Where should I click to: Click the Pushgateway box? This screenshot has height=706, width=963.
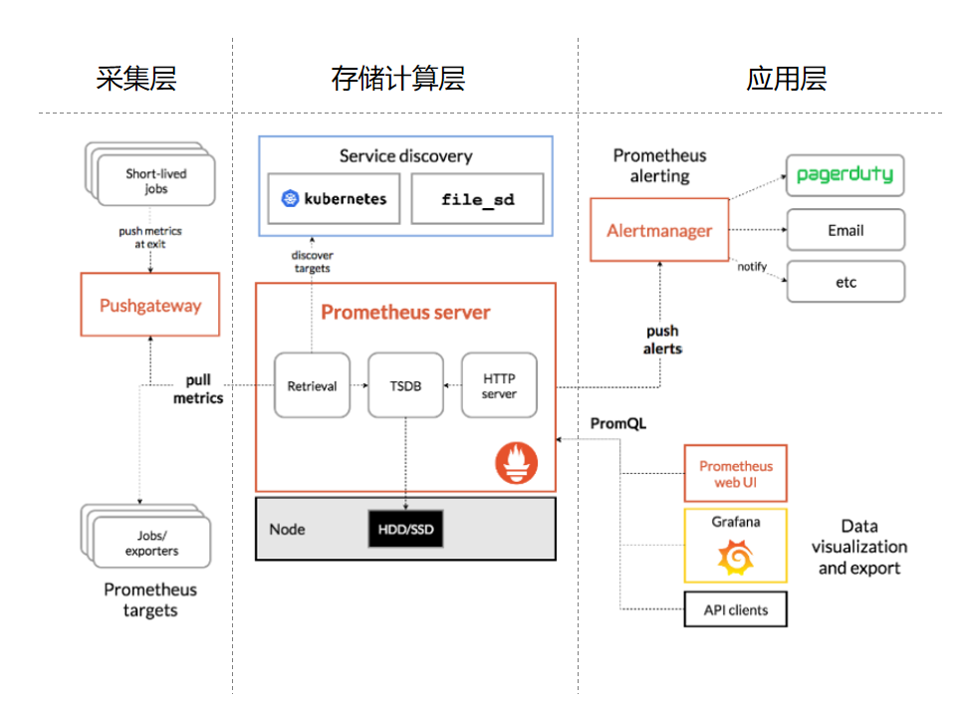149,306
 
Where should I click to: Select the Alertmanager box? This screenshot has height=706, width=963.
659,230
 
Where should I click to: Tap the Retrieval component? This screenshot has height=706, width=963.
312,385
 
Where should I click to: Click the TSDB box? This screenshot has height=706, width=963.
405,385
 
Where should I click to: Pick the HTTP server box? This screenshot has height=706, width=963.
499,385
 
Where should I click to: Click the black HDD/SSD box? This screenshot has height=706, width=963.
405,529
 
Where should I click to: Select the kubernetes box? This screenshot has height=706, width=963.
334,199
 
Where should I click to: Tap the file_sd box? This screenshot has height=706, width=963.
478,199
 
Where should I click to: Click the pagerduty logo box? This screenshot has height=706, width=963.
845,175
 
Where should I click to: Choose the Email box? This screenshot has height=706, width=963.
845,230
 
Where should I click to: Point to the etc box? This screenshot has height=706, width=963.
845,282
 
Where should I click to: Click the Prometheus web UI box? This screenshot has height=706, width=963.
735,473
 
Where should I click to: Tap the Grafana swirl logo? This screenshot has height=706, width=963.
735,558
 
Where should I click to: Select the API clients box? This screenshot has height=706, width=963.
735,609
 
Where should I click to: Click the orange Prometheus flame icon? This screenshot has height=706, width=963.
516,463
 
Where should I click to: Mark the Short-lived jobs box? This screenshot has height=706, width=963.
155,180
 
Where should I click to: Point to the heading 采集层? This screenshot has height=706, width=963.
136,79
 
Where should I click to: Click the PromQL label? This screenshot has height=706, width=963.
617,423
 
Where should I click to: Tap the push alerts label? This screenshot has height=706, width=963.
662,340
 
